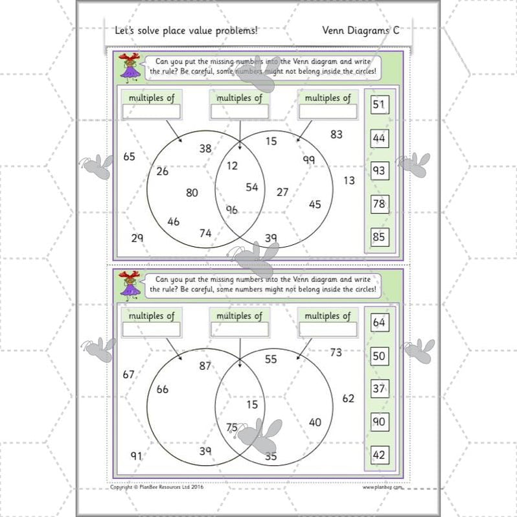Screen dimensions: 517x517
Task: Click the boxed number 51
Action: coord(379,105)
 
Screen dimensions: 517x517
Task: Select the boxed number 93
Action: coord(379,171)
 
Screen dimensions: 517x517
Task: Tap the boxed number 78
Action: coord(379,204)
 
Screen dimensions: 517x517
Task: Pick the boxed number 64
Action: coord(379,323)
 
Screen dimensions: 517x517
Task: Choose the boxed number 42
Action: coord(379,455)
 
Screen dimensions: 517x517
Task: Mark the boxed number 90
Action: coord(379,422)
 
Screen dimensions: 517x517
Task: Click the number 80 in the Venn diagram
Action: coord(192,192)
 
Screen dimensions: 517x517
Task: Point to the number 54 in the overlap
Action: coord(252,187)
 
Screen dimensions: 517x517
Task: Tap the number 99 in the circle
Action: coord(308,159)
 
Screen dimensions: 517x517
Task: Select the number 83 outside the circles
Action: coord(336,135)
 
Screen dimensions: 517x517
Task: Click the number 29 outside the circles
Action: coord(137,238)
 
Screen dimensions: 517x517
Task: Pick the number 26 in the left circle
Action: coord(162,171)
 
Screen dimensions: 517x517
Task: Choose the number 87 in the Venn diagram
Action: coord(205,365)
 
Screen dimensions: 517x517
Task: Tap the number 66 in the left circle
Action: coord(162,389)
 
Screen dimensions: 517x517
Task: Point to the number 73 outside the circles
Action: coord(336,352)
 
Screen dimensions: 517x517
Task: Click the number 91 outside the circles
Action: coord(136,455)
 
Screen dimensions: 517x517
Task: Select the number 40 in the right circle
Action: coord(315,422)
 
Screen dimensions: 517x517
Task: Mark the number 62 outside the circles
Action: coord(349,398)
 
